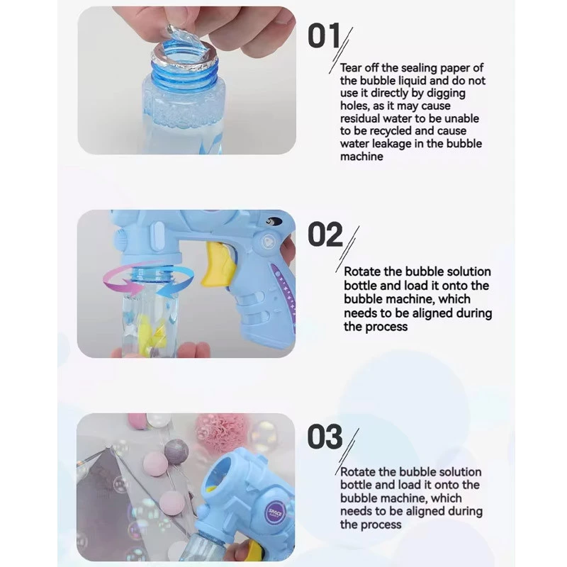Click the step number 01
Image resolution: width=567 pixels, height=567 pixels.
click(x=324, y=37)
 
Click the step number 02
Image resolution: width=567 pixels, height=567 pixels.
click(x=325, y=235)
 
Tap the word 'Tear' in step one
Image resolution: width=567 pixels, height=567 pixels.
click(x=352, y=68)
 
